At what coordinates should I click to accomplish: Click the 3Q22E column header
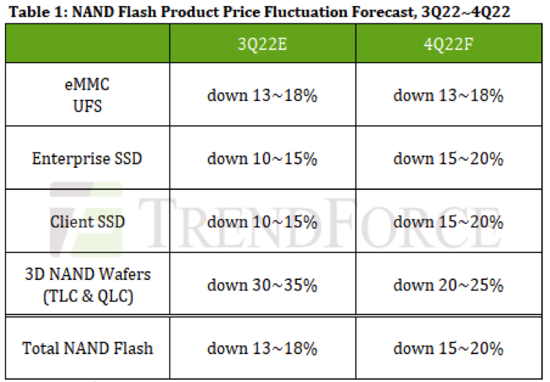click(262, 43)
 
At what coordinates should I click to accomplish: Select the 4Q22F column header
click(448, 43)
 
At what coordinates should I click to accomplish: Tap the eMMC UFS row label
click(87, 95)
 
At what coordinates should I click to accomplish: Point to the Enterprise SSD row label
click(87, 158)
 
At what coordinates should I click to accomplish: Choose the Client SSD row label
click(87, 221)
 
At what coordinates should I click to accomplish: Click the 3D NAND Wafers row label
click(87, 284)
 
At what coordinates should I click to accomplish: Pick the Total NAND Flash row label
click(87, 348)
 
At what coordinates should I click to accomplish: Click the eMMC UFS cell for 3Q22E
click(262, 95)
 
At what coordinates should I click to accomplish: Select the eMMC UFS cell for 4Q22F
click(448, 95)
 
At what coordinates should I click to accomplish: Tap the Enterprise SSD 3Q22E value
click(262, 158)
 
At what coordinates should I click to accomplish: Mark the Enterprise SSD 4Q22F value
click(448, 158)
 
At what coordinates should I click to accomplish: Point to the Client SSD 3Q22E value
click(262, 221)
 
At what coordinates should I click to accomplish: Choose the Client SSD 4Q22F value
click(448, 221)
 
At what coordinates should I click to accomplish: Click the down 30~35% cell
click(262, 284)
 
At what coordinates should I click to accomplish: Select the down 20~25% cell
click(448, 284)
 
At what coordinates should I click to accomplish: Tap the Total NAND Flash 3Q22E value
click(262, 348)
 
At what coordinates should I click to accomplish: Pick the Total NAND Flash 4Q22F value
click(448, 348)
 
